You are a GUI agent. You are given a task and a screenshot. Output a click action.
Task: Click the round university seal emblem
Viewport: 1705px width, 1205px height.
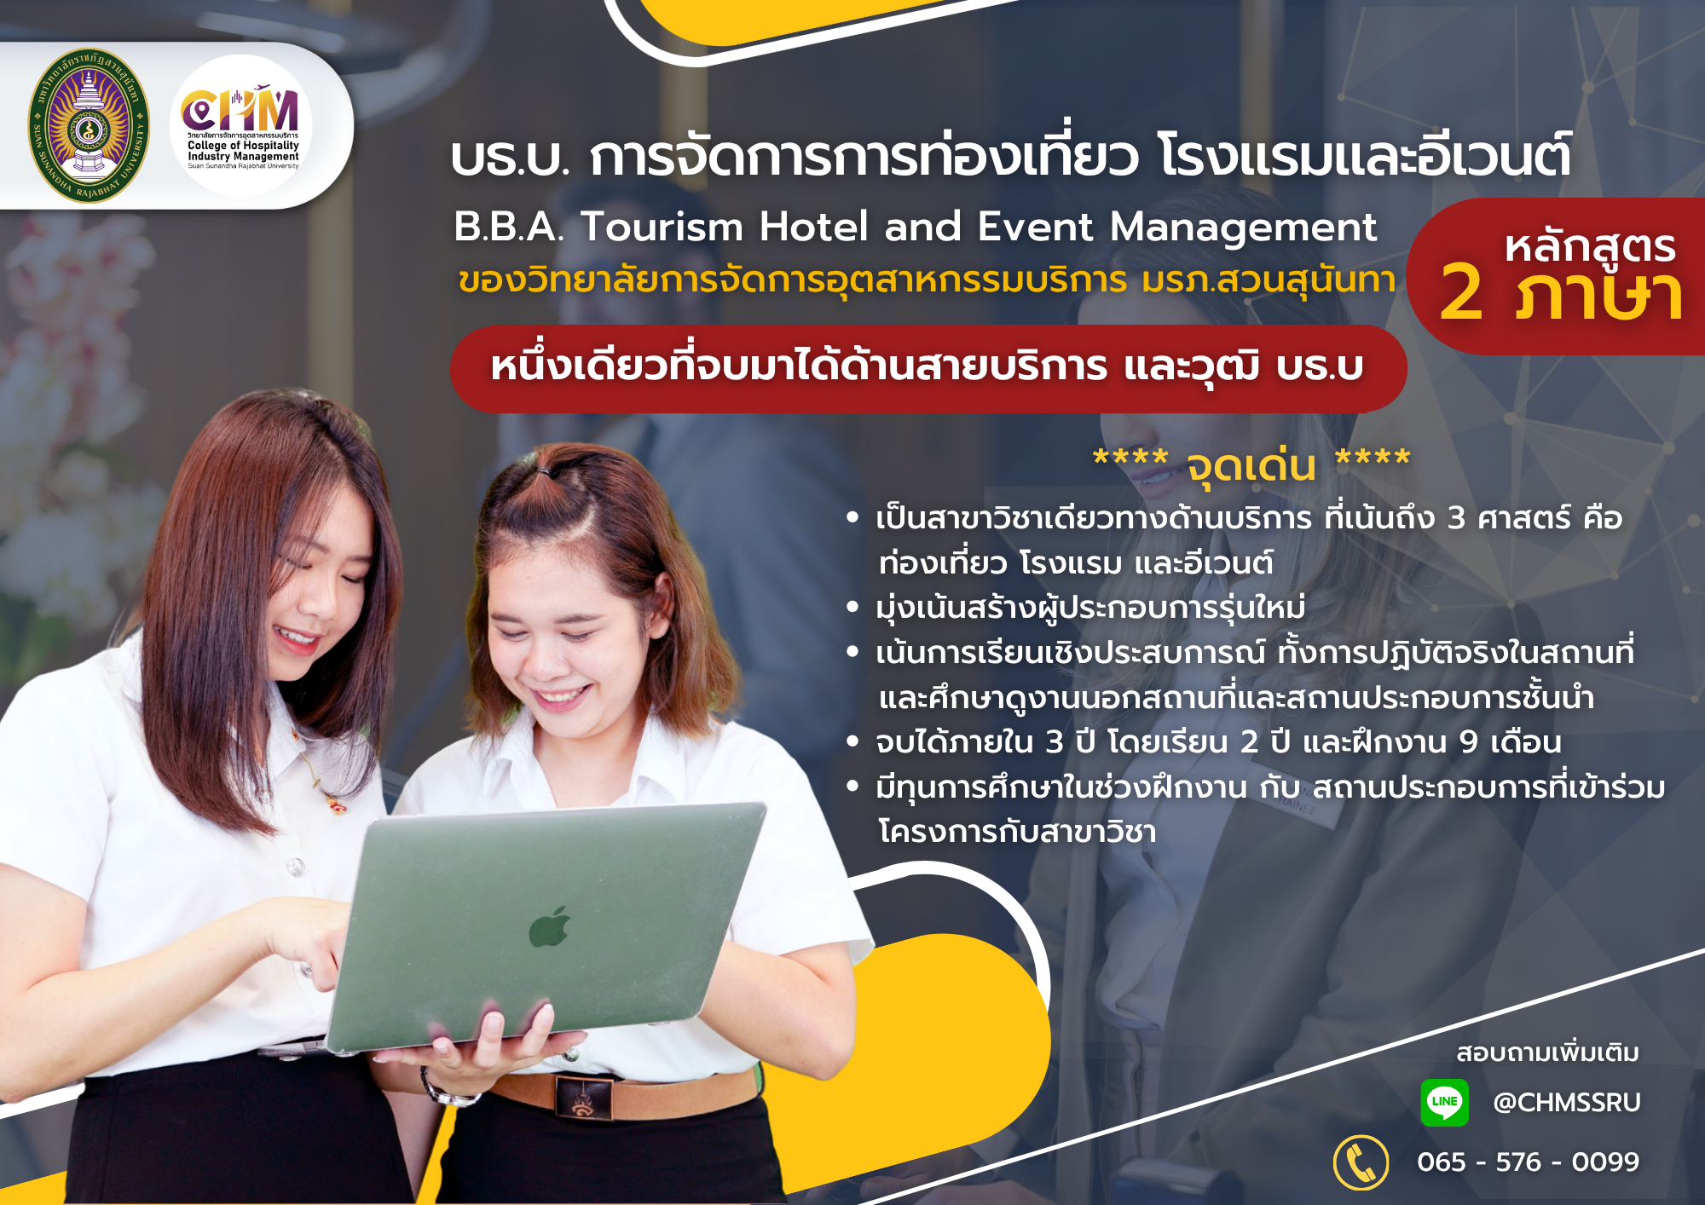[x=89, y=126]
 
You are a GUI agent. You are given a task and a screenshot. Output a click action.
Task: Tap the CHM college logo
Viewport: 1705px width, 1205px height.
[x=242, y=126]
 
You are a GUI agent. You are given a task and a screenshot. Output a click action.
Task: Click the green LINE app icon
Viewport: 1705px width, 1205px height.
[x=1445, y=1102]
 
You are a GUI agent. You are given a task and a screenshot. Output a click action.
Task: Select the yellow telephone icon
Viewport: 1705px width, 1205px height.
[x=1361, y=1162]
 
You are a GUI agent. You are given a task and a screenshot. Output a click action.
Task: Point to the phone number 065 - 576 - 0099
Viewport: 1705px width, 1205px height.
[x=1528, y=1162]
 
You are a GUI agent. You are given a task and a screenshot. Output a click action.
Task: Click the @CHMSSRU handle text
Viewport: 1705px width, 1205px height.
[x=1567, y=1102]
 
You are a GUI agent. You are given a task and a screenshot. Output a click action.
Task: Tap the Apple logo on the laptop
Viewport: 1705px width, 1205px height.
[x=549, y=927]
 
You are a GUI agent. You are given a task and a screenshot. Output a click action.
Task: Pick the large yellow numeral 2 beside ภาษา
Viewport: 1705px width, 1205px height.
[x=1461, y=291]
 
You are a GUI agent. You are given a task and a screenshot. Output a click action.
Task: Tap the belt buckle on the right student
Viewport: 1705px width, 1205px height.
[x=583, y=1097]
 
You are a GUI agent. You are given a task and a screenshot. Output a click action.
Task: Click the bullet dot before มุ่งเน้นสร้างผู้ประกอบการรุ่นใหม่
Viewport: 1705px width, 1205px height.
[x=852, y=608]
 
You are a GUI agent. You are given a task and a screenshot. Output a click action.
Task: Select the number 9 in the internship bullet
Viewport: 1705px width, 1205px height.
[x=1468, y=742]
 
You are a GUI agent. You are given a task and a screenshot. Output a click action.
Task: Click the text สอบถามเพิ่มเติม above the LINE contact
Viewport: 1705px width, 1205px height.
[x=1547, y=1052]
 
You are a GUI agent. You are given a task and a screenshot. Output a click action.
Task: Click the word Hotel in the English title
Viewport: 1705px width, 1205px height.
[x=814, y=228]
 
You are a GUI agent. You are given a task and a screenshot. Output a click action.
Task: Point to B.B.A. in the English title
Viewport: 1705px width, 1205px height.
[x=509, y=228]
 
